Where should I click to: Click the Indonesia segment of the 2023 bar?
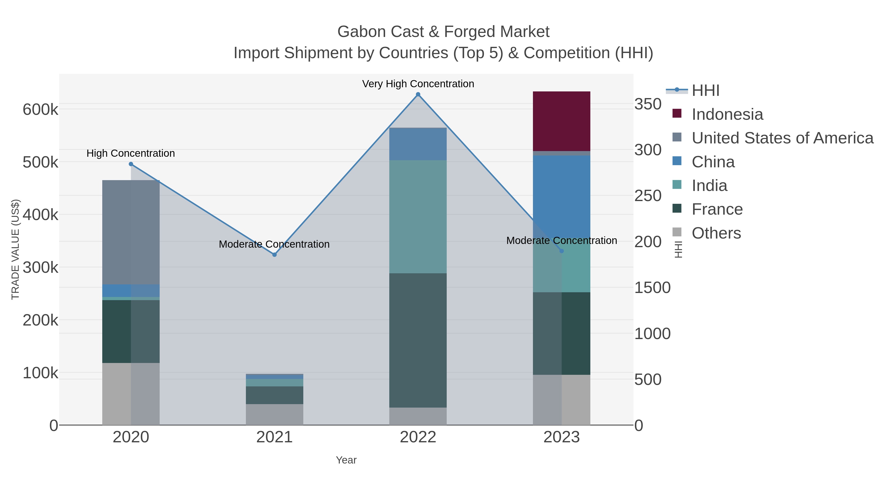(x=561, y=121)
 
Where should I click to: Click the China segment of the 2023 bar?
(x=561, y=196)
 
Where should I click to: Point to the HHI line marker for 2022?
(x=418, y=94)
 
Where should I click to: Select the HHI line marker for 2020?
(x=131, y=164)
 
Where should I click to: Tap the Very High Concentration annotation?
(x=418, y=84)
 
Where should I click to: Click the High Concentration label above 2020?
(x=131, y=153)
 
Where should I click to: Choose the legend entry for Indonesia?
(x=727, y=114)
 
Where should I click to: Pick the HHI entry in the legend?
(x=705, y=91)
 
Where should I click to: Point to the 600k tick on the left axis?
(x=41, y=110)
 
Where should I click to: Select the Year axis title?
(x=346, y=460)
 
